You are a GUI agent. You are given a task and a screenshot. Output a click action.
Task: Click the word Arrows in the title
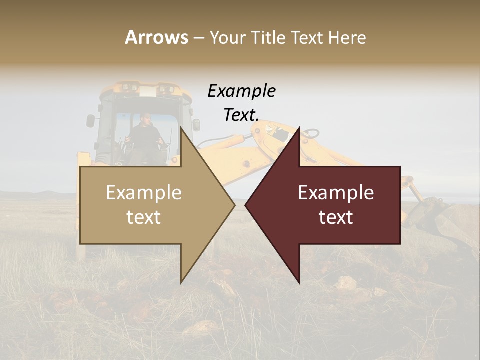(x=156, y=37)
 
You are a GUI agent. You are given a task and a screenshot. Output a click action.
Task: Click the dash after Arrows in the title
(x=198, y=38)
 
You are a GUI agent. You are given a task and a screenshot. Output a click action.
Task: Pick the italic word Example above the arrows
(x=241, y=91)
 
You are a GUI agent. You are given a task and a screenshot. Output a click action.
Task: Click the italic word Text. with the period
(x=241, y=115)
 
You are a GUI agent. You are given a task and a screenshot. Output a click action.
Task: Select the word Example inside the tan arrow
(x=144, y=192)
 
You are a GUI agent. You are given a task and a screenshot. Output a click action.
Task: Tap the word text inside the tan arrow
(x=144, y=217)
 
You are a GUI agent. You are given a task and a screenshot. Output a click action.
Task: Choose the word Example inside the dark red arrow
(x=336, y=192)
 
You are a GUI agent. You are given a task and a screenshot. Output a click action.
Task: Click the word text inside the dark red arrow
(x=336, y=217)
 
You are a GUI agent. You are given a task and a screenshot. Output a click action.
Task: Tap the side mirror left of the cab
(x=90, y=121)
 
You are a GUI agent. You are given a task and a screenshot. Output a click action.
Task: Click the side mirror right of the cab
(x=196, y=124)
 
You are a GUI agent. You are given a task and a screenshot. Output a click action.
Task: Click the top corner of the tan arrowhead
(x=181, y=128)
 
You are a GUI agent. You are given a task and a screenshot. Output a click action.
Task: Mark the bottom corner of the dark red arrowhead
(x=299, y=282)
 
